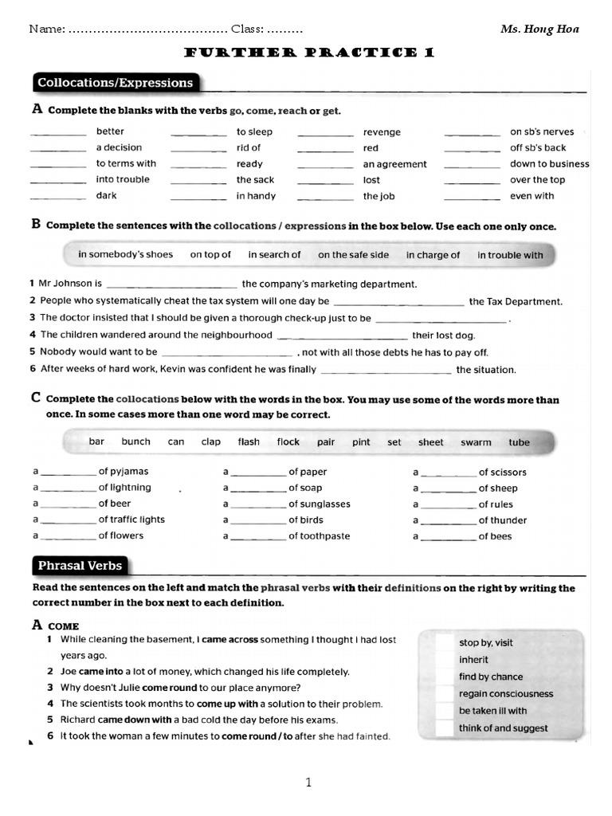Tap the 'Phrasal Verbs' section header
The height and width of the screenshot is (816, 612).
[x=80, y=566]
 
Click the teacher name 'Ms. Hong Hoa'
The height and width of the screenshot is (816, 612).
[x=539, y=29]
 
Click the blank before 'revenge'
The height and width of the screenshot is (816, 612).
[x=325, y=134]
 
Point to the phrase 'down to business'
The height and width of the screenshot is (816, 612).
[x=550, y=164]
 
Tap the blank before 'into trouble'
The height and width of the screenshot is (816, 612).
[x=57, y=182]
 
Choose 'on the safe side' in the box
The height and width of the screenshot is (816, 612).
[x=354, y=255]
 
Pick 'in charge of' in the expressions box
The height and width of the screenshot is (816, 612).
[x=433, y=255]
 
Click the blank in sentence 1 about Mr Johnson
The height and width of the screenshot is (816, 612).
[x=171, y=285]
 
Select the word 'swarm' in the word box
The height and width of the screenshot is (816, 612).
[x=476, y=442]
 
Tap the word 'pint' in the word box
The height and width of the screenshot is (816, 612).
[x=361, y=442]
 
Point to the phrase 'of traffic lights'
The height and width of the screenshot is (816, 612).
[x=131, y=520]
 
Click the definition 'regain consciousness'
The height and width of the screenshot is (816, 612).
[x=505, y=694]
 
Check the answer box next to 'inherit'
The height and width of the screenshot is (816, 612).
[x=446, y=660]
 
